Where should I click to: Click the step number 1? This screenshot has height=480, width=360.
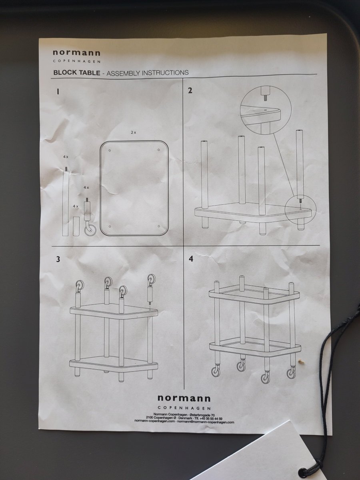(x=58, y=92)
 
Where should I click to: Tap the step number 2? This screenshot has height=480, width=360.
(x=190, y=90)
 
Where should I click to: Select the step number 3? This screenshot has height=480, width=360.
(x=58, y=259)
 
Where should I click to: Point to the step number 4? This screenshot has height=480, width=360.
(x=191, y=259)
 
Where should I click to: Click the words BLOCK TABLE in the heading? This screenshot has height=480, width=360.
(x=77, y=73)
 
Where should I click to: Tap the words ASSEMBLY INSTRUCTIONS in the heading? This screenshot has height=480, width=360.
(x=148, y=73)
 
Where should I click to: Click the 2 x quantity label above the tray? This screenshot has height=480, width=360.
(x=133, y=132)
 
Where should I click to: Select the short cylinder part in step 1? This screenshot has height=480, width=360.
(x=76, y=226)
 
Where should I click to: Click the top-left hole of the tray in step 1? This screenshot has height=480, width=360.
(x=110, y=150)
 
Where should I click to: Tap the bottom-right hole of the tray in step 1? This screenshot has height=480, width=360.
(x=159, y=226)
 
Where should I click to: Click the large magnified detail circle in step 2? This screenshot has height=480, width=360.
(x=266, y=111)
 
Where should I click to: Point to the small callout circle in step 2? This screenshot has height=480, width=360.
(x=301, y=209)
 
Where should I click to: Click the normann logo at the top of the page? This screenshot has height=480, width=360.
(x=76, y=53)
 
